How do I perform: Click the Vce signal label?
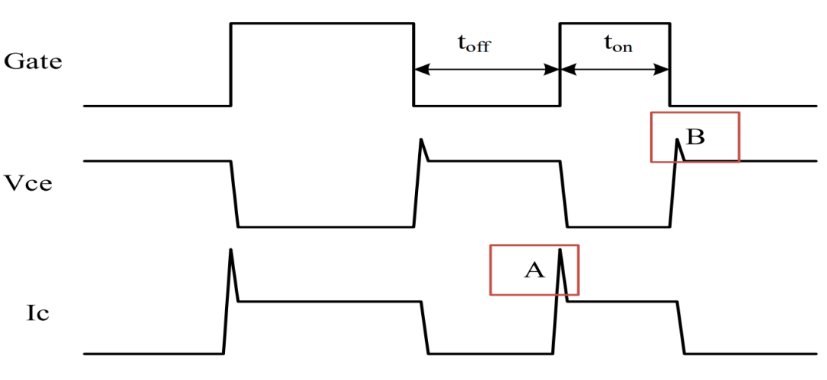[28, 184]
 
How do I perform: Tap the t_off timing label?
[473, 44]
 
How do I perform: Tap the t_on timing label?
[618, 44]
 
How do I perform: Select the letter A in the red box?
[534, 269]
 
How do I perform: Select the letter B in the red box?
[695, 137]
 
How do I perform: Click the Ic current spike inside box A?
[561, 260]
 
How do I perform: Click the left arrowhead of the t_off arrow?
[419, 69]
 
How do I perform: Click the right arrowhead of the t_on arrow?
[664, 69]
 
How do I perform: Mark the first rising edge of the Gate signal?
[231, 65]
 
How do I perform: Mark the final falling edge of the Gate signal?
[670, 65]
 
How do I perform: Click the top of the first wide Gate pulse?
[322, 24]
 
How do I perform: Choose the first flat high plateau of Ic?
[329, 301]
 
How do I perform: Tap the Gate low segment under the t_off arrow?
[487, 105]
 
